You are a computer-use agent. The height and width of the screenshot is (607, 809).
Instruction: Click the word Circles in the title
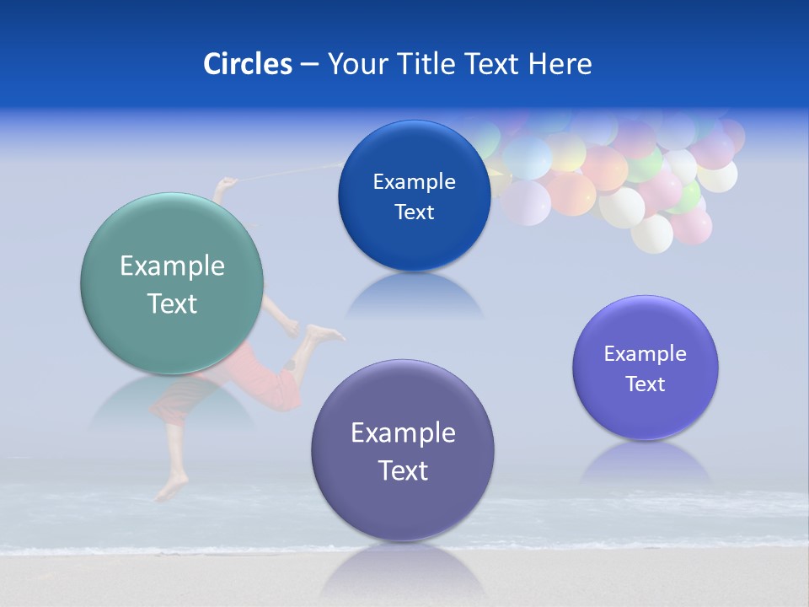coord(248,64)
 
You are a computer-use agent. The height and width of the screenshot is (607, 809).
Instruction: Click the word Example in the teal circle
coord(172,266)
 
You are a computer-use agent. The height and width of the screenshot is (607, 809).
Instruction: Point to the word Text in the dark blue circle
coord(414,212)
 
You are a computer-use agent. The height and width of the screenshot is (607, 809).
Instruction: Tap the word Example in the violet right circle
coord(646,354)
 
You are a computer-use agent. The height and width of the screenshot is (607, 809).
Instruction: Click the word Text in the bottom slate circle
coord(403,470)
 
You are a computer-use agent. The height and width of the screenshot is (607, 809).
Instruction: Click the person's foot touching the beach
coord(172,487)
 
